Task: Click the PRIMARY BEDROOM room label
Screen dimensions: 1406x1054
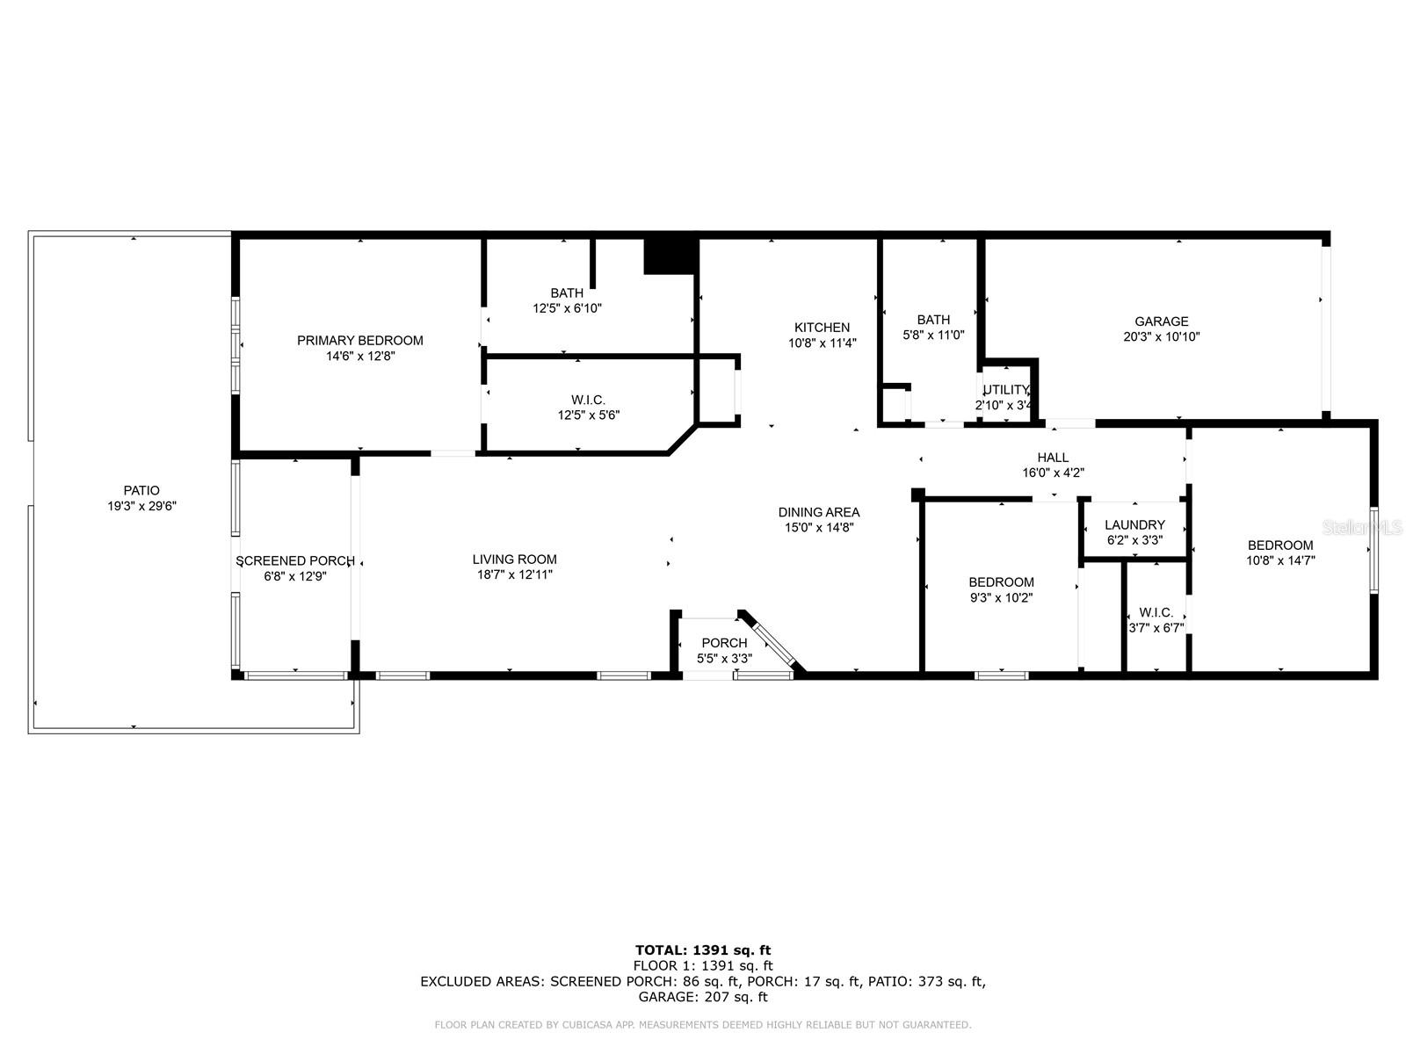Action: click(x=359, y=341)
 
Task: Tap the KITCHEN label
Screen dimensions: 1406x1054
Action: click(x=822, y=328)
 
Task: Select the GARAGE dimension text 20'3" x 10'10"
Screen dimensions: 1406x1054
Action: click(x=1162, y=336)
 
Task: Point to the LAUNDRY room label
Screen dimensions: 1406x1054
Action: click(x=1134, y=524)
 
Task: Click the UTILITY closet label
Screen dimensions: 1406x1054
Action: click(x=1005, y=390)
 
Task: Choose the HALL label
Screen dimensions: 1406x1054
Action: click(x=1053, y=458)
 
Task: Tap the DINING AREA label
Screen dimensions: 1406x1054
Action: click(x=819, y=512)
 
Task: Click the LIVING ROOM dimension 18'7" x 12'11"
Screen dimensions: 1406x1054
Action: click(x=514, y=574)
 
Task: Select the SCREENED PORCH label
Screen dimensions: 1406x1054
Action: click(x=295, y=561)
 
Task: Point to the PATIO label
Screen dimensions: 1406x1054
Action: click(x=141, y=490)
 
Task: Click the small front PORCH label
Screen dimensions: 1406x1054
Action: click(x=724, y=643)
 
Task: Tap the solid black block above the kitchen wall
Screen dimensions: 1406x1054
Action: click(x=670, y=256)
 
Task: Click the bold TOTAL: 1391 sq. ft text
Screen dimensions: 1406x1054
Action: click(x=703, y=950)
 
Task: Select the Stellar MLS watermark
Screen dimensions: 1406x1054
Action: click(x=1362, y=527)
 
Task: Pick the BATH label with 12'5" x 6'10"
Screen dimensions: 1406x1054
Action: click(x=567, y=293)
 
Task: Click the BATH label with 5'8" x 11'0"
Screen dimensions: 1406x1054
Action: click(x=933, y=320)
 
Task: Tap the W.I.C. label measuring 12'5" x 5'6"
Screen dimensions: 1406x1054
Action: click(x=588, y=400)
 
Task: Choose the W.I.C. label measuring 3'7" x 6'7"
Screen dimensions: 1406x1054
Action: click(x=1156, y=612)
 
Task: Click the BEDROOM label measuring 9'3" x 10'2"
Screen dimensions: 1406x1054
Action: click(x=1001, y=582)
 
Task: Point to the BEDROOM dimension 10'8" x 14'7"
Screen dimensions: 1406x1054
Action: click(x=1280, y=560)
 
